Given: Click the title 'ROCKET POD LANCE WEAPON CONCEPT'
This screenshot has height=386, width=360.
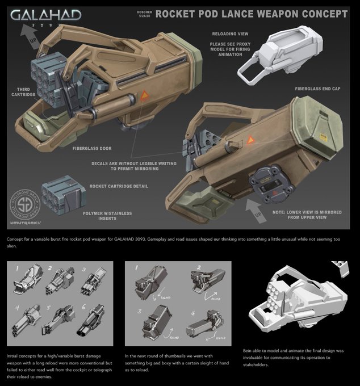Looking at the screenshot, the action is coord(252,13).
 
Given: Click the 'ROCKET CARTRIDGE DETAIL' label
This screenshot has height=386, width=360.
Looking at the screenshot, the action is coord(119,186).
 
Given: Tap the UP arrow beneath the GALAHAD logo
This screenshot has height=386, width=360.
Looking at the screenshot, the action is coord(25,36).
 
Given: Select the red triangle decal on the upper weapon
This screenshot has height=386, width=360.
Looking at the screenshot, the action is coord(146,95).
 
